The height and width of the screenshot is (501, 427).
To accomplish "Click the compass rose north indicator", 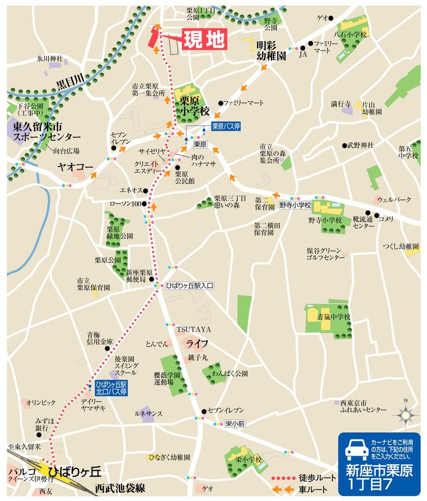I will pyautogui.click(x=404, y=414).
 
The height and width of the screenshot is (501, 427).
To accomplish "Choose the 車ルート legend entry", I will pyautogui.click(x=314, y=489).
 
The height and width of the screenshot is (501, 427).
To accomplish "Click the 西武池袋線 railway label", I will pyautogui.click(x=121, y=488).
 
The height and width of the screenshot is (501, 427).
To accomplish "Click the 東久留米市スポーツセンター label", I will pyautogui.click(x=46, y=131).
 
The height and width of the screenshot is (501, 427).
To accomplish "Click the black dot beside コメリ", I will pyautogui.click(x=377, y=215).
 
